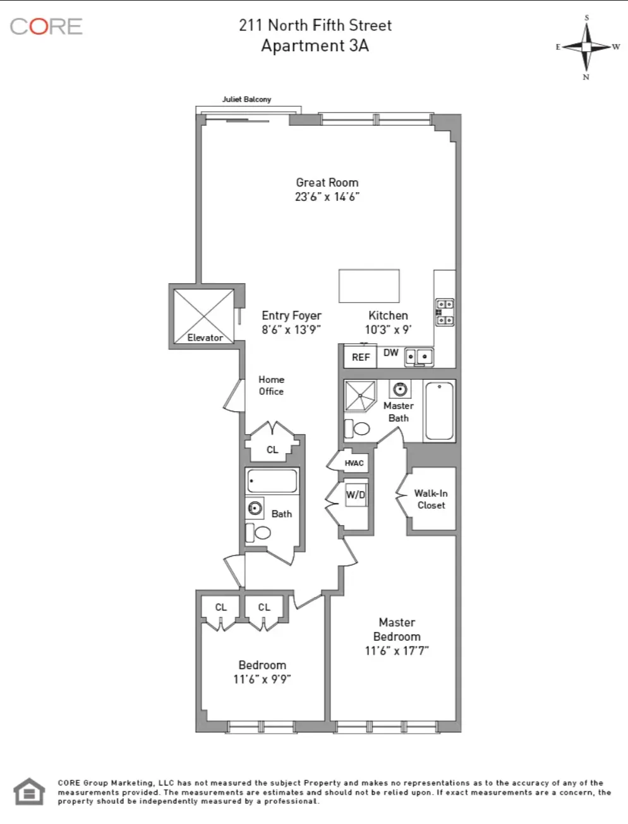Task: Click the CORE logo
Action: [46, 27]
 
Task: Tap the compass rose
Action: [587, 47]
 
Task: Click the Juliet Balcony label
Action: [246, 99]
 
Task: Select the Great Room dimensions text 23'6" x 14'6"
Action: [327, 197]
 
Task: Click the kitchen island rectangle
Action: [369, 286]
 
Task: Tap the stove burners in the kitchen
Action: [444, 312]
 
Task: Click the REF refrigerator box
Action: [361, 357]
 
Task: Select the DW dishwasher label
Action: [391, 353]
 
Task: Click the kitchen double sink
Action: [419, 356]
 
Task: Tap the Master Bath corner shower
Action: [360, 396]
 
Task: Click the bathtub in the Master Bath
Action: [439, 411]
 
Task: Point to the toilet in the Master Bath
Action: [358, 428]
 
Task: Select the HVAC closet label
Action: [354, 463]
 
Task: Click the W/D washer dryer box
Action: [356, 495]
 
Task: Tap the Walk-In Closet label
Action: [431, 499]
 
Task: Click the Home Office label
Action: [271, 385]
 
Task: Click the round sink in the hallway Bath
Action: [255, 507]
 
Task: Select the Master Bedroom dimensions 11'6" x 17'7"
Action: [397, 651]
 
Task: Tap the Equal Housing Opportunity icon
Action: [30, 792]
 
